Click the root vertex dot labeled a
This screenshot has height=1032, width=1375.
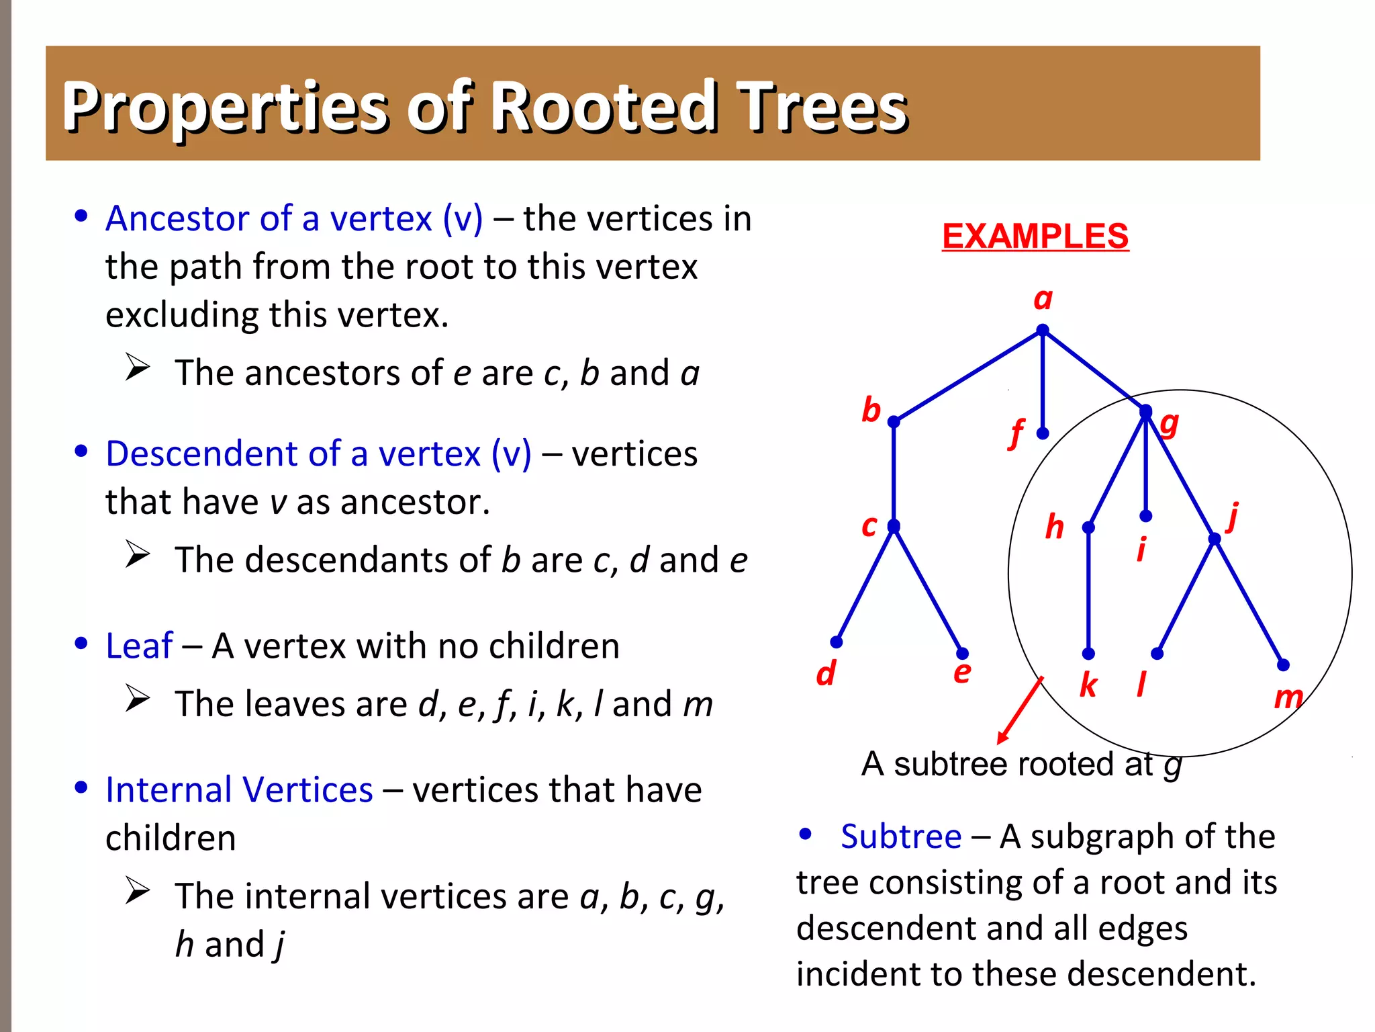click(x=1042, y=330)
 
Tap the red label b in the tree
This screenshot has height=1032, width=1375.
click(x=871, y=410)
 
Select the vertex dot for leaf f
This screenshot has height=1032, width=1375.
click(x=1042, y=433)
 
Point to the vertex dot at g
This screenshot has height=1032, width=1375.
click(x=1145, y=410)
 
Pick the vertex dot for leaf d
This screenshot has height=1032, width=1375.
click(x=836, y=642)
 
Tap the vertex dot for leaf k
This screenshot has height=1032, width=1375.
click(x=1088, y=653)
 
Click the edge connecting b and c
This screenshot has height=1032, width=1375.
click(x=894, y=474)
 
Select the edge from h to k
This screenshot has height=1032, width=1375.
click(x=1088, y=591)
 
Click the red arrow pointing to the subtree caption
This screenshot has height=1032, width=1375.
click(x=1020, y=710)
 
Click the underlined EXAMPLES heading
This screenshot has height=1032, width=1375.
click(x=1035, y=236)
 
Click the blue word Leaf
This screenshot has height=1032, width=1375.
click(x=139, y=646)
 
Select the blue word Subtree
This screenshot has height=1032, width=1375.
click(x=900, y=836)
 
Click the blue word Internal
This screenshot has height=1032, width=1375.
click(x=171, y=789)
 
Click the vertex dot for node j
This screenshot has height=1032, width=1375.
click(x=1214, y=539)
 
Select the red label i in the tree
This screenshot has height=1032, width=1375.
click(x=1141, y=550)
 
